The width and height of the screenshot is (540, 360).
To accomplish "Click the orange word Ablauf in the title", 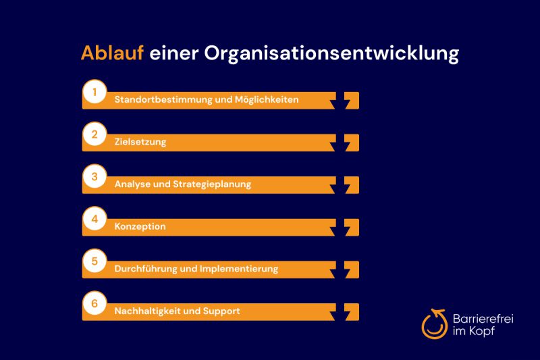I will click(x=111, y=54).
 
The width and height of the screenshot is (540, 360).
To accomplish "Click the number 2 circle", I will click(x=95, y=134).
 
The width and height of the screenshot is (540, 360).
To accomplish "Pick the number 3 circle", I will click(x=95, y=177).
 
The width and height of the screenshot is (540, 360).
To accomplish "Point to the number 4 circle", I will click(x=95, y=220).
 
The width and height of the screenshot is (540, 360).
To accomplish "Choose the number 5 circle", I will click(x=95, y=261).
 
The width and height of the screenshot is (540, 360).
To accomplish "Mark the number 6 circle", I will click(x=95, y=304).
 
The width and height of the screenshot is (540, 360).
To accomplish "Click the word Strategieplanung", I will click(x=213, y=184).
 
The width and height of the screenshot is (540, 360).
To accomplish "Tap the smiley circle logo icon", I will click(x=433, y=324).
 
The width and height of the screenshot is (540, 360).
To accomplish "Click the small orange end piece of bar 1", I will click(x=352, y=100).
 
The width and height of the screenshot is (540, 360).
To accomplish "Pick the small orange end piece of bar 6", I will click(x=352, y=311).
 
